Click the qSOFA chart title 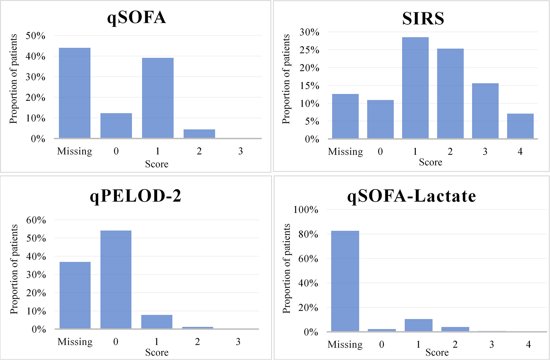136,18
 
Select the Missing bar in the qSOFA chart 75,93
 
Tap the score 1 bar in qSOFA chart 158,98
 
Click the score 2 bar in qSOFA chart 199,134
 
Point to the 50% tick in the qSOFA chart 35,36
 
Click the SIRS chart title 423,19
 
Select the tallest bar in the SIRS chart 415,88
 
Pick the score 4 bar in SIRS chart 520,126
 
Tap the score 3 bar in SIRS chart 485,111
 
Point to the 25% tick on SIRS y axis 309,50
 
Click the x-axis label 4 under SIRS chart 520,151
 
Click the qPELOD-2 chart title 135,196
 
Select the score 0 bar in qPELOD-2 116,279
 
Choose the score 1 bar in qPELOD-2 157,322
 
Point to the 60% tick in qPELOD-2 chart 36,220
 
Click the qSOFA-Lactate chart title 412,196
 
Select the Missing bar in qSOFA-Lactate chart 345,281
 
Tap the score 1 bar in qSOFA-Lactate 418,325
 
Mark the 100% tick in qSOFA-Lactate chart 306,210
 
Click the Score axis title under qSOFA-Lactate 437,353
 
